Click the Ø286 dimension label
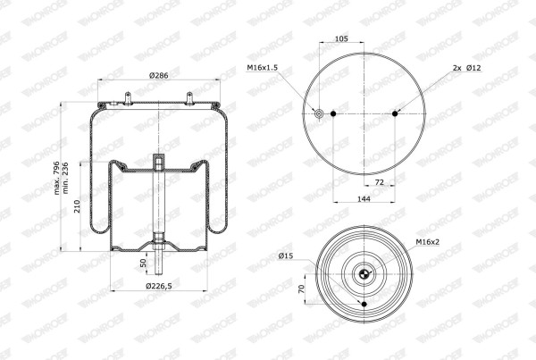pos(159,75)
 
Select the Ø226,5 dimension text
pos(159,286)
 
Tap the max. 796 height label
pos(57,178)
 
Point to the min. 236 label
pos(65,178)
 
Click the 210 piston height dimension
pos(77,206)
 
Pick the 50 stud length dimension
pos(143,263)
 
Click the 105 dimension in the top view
pos(341,38)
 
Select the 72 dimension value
pos(380,182)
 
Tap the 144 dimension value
pos(364,198)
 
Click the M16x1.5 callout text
pos(262,68)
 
